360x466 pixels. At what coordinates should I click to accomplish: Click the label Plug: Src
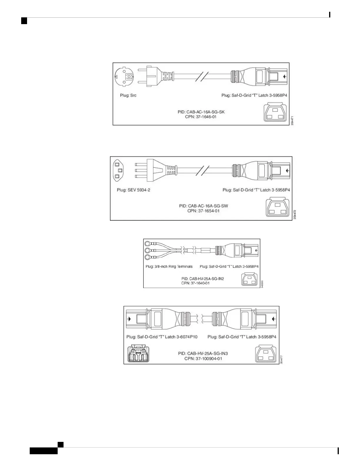(128, 95)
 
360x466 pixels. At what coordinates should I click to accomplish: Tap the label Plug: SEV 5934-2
(134, 190)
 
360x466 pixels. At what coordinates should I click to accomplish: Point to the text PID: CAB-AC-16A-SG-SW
(204, 206)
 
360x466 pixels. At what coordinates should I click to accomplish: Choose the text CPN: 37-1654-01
(204, 211)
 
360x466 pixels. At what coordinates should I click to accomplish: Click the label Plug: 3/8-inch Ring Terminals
(169, 267)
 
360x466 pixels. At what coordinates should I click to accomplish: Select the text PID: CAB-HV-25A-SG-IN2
(203, 278)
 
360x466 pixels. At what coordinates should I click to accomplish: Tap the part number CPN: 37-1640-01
(196, 283)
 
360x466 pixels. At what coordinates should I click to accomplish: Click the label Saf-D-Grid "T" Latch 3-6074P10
(162, 337)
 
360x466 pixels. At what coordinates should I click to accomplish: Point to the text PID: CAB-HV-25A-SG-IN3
(203, 353)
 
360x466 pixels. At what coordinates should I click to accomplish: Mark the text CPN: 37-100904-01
(203, 358)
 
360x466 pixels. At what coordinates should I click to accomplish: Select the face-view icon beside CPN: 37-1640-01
(250, 279)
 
